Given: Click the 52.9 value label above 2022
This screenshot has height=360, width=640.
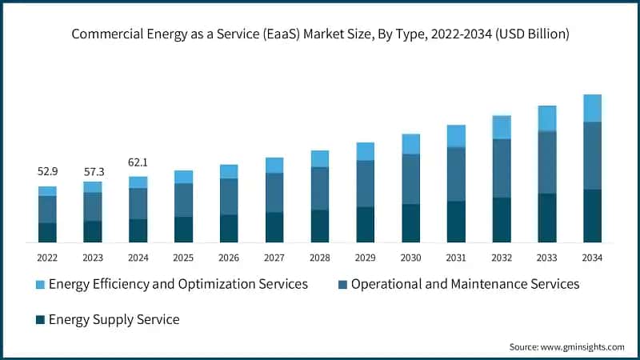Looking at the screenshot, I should click(47, 172).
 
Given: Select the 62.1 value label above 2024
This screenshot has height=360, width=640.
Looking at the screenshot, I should click(138, 162).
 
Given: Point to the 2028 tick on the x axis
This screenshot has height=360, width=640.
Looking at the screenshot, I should click(320, 258).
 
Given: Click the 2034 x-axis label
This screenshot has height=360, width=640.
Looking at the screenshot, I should click(592, 258).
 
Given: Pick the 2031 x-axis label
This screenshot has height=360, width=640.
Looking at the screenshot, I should click(456, 258).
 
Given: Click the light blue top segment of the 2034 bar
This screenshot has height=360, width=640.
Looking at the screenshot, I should click(592, 108).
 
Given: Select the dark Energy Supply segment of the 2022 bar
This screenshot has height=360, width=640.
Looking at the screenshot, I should click(47, 232).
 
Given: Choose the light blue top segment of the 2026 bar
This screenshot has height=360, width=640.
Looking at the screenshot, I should click(229, 171).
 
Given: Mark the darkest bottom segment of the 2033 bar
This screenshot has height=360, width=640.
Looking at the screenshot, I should click(547, 218).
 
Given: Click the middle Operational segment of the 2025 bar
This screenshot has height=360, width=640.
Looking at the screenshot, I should click(183, 200).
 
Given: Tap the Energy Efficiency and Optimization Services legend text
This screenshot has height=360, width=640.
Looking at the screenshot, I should click(178, 284).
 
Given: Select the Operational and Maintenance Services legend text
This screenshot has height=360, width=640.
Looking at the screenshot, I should click(465, 284).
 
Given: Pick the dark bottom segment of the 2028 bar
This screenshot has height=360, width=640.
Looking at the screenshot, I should click(320, 226).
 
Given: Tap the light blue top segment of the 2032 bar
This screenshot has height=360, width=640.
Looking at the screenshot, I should click(502, 127).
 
